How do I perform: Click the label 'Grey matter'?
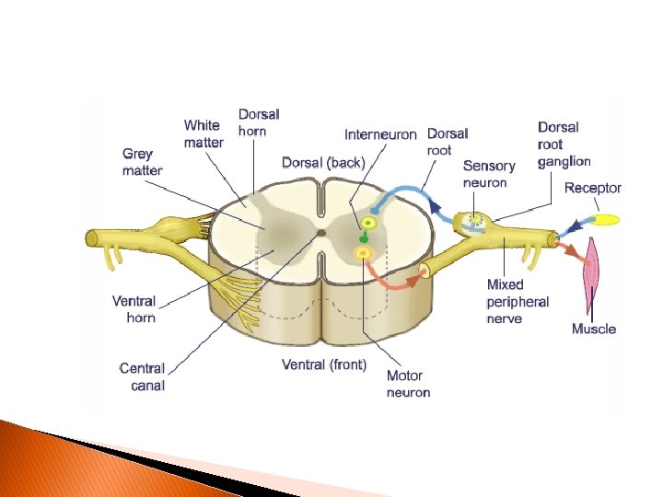(x=142, y=162)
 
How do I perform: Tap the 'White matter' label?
(x=203, y=133)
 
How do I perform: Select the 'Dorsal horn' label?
(x=259, y=122)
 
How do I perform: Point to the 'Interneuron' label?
(x=380, y=134)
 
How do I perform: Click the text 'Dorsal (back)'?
(x=323, y=163)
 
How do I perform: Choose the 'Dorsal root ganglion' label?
(x=564, y=144)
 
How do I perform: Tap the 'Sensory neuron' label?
(x=489, y=174)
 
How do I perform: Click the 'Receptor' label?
(x=592, y=188)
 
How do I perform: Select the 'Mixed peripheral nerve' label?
(x=518, y=302)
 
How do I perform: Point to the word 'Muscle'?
(x=594, y=329)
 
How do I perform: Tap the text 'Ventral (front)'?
(x=324, y=364)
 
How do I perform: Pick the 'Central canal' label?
(x=143, y=376)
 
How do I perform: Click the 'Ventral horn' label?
(x=134, y=309)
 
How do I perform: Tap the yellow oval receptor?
(x=605, y=220)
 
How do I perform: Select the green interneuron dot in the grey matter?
(x=364, y=239)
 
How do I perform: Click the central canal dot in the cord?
(x=320, y=234)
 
